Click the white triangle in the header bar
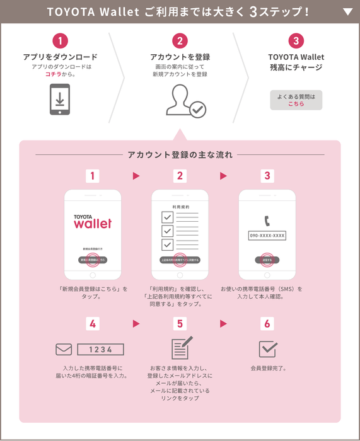(x=347, y=11)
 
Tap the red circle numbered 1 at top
(x=60, y=41)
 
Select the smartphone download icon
(x=60, y=100)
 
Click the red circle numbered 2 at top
(x=180, y=41)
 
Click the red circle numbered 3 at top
(x=296, y=41)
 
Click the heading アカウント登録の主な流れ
(x=180, y=154)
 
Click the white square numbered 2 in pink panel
(x=180, y=176)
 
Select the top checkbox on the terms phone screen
(x=167, y=217)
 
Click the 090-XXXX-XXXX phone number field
(x=267, y=236)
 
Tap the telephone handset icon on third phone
(x=267, y=221)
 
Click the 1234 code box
(x=100, y=349)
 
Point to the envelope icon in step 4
(x=64, y=349)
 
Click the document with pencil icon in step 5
(x=181, y=348)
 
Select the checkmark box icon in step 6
(x=267, y=348)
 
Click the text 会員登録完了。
(x=267, y=368)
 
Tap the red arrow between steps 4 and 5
(x=136, y=324)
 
